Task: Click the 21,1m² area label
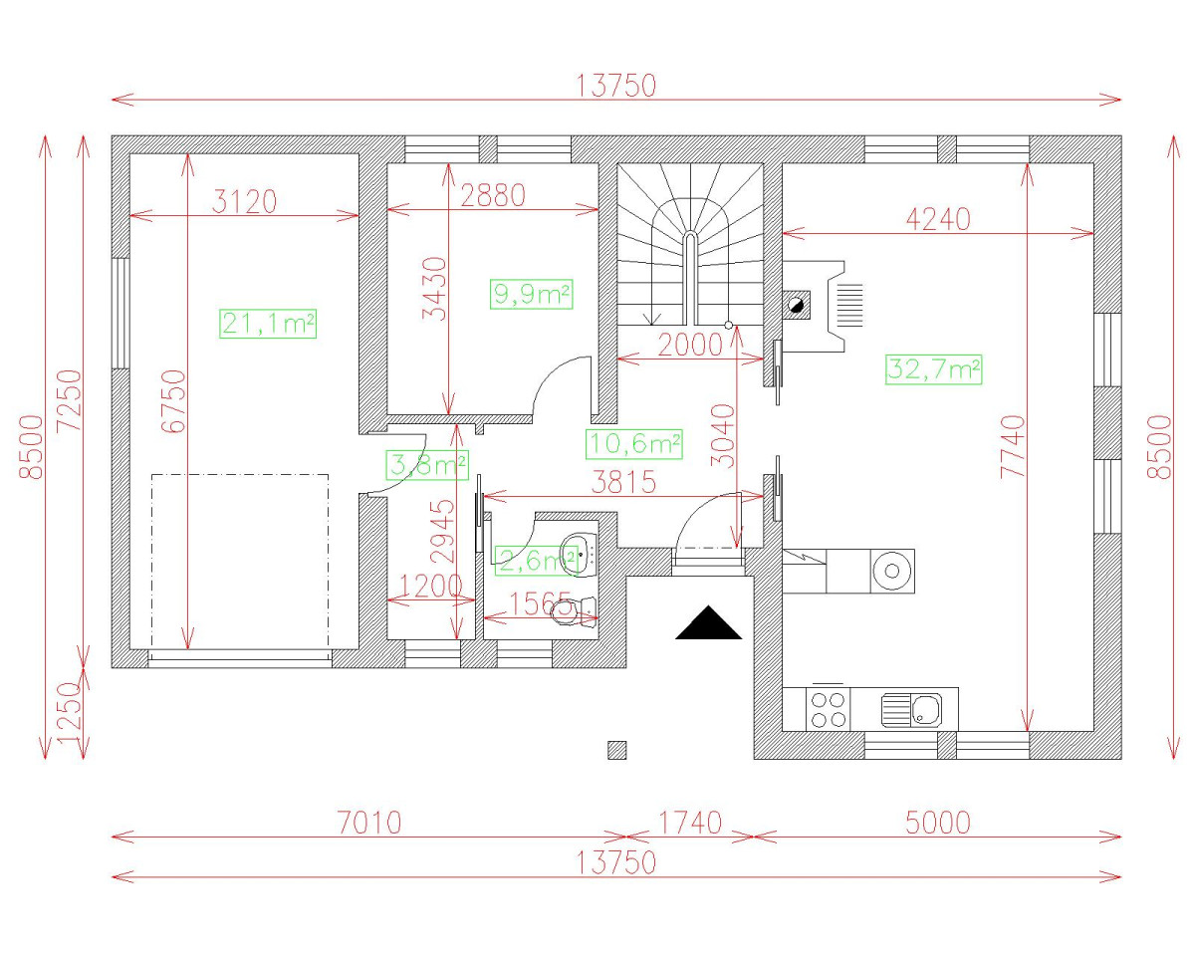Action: (x=268, y=324)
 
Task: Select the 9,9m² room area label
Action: (x=532, y=294)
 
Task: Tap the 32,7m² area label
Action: (x=933, y=370)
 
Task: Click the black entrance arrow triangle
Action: (x=709, y=624)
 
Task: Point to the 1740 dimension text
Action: (x=689, y=823)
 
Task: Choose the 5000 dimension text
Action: (x=937, y=823)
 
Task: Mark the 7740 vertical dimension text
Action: (x=1013, y=447)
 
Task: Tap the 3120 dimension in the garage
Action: (x=245, y=202)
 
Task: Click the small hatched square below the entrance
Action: (x=617, y=750)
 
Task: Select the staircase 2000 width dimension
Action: (x=689, y=345)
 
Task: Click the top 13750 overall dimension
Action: (x=616, y=86)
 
